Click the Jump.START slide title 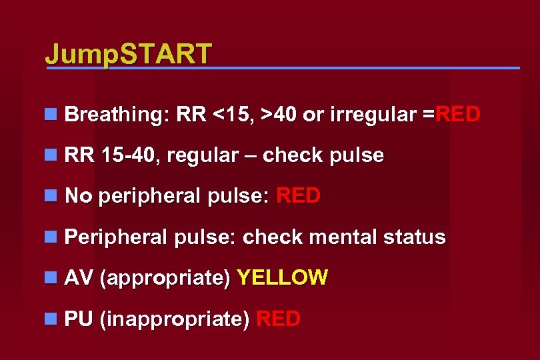click(128, 53)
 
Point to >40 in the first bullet click(279, 115)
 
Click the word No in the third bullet click(77, 196)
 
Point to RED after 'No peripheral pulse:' click(298, 196)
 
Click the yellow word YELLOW click(283, 277)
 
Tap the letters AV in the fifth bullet click(78, 277)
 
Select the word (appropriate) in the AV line click(165, 278)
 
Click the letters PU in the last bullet click(78, 319)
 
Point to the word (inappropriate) click(174, 319)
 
